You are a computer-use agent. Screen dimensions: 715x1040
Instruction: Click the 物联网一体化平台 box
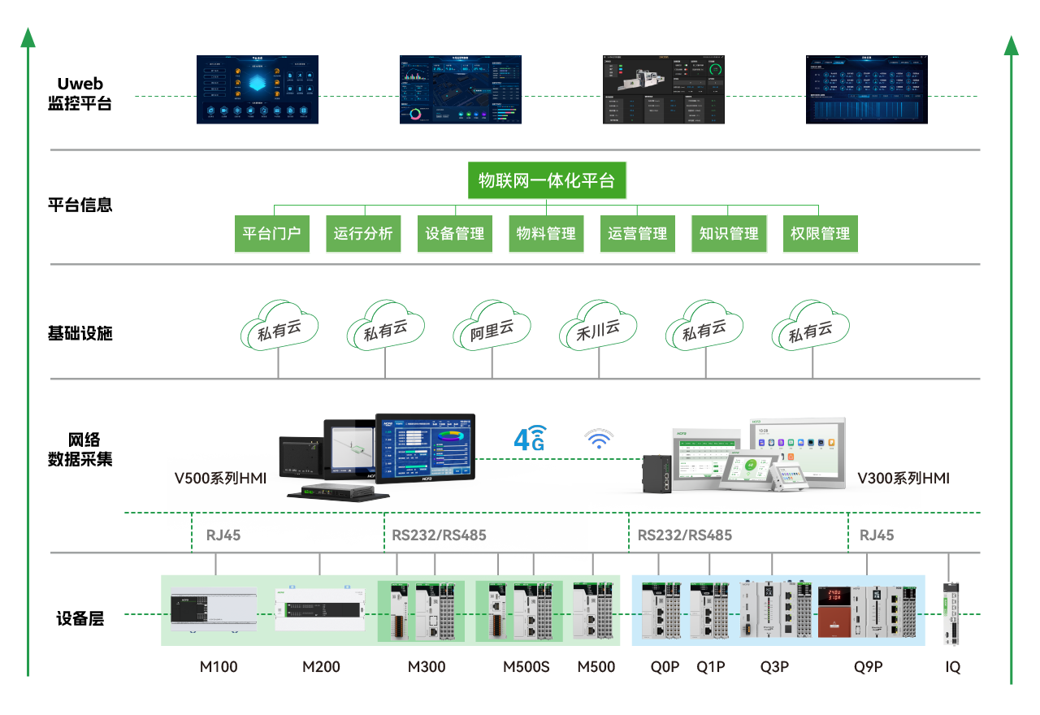click(x=547, y=181)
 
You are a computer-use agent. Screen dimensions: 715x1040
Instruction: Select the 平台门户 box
click(x=272, y=234)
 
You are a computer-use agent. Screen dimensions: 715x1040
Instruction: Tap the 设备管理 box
click(x=455, y=234)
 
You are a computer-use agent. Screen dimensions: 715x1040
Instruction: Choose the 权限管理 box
click(x=820, y=234)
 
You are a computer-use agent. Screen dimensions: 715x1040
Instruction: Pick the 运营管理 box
click(x=638, y=234)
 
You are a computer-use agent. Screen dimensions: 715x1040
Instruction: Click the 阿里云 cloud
click(x=492, y=329)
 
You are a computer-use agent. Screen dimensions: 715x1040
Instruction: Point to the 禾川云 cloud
click(x=598, y=329)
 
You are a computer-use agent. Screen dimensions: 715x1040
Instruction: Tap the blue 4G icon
click(x=530, y=438)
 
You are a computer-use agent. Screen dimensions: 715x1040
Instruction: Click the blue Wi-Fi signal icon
click(x=600, y=439)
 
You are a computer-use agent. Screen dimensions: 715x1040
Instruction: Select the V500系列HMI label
click(x=220, y=479)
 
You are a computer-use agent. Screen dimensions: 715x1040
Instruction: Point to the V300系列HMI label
click(x=903, y=479)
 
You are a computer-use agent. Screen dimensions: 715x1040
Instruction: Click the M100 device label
click(x=219, y=667)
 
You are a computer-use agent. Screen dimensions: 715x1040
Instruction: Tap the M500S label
click(x=526, y=667)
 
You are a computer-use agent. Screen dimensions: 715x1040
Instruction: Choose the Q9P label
click(x=868, y=667)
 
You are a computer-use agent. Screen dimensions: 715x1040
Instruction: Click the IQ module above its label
click(x=951, y=613)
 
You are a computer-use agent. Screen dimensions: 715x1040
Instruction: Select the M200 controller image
click(x=319, y=609)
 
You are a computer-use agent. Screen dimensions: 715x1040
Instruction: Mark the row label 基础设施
click(x=80, y=333)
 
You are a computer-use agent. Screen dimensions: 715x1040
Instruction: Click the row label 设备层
click(x=80, y=618)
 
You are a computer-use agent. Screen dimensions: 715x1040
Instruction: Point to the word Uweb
click(x=80, y=84)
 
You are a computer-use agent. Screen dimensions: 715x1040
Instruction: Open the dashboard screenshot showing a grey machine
click(x=663, y=89)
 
